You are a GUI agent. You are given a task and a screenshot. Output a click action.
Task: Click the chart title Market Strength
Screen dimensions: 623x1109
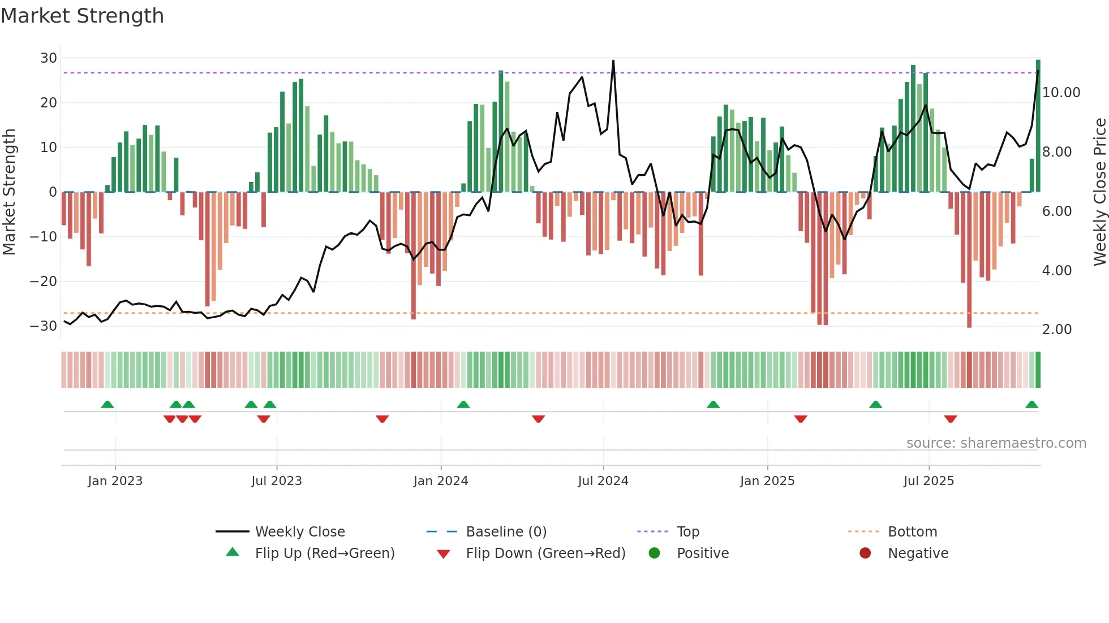(x=82, y=16)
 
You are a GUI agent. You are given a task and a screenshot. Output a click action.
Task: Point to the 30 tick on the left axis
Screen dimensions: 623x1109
(x=49, y=58)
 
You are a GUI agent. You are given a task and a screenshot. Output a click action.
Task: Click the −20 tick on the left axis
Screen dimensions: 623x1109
(x=44, y=282)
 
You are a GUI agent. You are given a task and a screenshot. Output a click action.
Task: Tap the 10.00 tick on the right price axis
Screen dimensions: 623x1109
(x=1061, y=93)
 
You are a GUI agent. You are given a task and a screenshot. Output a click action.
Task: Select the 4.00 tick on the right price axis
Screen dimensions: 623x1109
(x=1056, y=271)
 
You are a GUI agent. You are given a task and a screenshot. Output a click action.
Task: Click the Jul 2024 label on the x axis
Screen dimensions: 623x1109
(x=603, y=481)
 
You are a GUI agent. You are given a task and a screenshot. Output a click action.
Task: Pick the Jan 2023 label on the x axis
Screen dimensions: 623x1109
(x=115, y=481)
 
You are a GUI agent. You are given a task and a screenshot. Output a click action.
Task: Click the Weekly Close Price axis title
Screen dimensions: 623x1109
(x=1099, y=192)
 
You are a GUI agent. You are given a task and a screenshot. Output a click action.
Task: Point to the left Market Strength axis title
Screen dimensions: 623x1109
(x=9, y=192)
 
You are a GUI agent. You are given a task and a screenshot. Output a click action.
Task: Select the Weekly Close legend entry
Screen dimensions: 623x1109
(x=299, y=532)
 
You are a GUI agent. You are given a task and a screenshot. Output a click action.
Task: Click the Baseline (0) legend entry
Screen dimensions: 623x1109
(x=506, y=532)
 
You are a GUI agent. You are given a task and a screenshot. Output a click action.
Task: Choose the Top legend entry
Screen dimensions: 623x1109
(x=687, y=532)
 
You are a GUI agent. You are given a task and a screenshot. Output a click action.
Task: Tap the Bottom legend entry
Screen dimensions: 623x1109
(x=912, y=532)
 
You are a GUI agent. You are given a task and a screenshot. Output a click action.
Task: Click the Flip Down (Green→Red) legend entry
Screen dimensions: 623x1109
(x=545, y=553)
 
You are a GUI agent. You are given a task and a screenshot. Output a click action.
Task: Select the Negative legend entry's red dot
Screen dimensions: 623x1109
(x=865, y=553)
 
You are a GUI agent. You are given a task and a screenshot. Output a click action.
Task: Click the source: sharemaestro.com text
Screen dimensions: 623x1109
(x=996, y=443)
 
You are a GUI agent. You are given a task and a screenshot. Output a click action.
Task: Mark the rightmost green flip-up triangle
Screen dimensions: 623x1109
(x=1031, y=405)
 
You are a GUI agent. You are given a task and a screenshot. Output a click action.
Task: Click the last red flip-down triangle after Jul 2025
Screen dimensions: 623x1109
(x=951, y=419)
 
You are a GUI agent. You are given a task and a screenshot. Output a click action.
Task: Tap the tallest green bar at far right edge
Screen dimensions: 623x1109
(x=1038, y=124)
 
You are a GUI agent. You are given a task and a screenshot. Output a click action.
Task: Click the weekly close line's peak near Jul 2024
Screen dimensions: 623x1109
(x=613, y=61)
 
